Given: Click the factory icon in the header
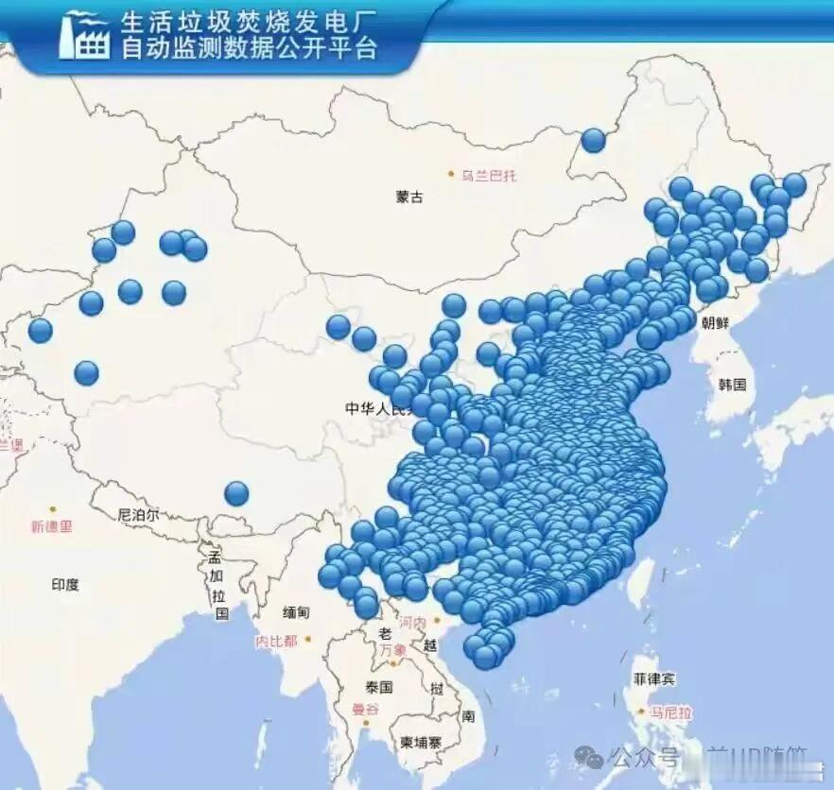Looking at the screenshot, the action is point(84,36).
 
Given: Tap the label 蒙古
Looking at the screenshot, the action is point(409,197).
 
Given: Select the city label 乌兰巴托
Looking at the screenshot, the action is point(490,175).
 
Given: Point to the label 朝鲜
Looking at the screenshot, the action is point(716,322).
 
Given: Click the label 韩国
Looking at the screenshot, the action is point(732,385).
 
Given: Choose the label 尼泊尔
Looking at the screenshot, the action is point(139,515).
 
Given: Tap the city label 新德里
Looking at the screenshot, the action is point(51,526).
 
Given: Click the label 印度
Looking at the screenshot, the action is point(65,585).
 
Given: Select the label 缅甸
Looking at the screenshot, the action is point(295,612).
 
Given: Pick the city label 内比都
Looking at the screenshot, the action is point(276,641).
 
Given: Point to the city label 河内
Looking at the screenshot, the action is point(413,624).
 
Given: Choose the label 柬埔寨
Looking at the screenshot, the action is point(420,743).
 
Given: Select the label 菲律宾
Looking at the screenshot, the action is point(654,678).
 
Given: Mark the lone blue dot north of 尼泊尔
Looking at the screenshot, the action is point(236,492).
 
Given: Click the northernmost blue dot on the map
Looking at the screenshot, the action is point(593,140).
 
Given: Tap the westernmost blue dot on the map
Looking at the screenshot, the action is point(40,331).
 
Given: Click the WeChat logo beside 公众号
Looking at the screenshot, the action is point(590,757).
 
